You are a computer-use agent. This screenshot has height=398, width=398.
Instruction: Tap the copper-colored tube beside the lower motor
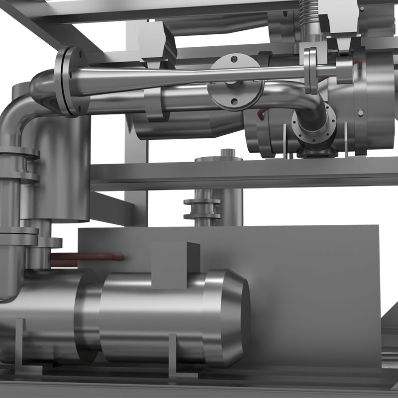point(87,259)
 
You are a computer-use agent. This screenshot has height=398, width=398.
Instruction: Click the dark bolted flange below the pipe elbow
point(314,128)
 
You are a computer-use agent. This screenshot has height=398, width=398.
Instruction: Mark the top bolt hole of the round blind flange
point(235,62)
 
